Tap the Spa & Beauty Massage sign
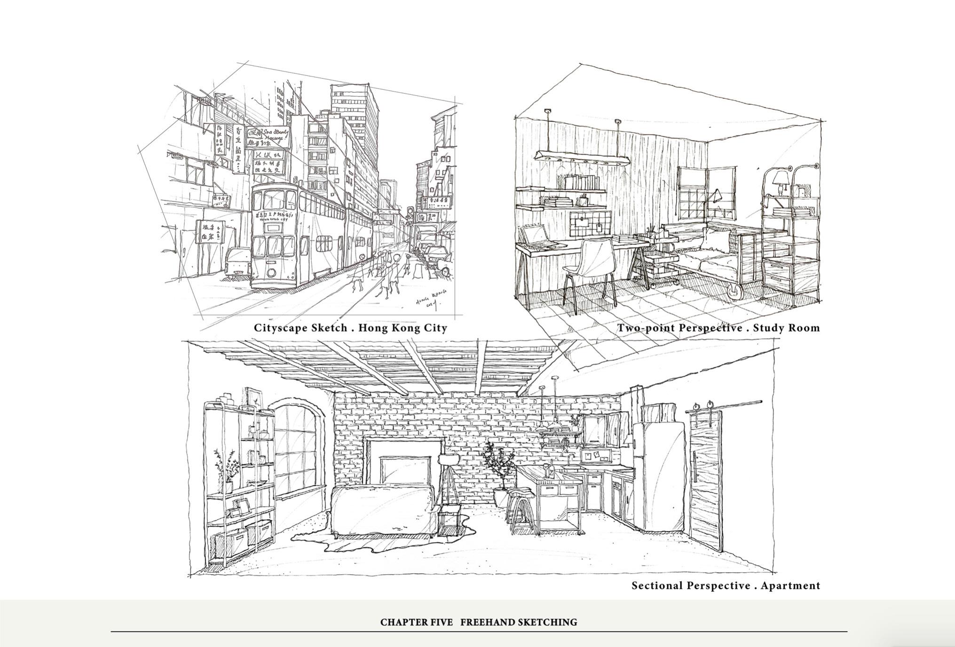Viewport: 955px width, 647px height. pyautogui.click(x=269, y=137)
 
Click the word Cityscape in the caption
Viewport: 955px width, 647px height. pyautogui.click(x=280, y=328)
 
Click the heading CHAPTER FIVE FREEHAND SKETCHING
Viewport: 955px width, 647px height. pyautogui.click(x=478, y=622)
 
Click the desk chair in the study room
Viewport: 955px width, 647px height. pyautogui.click(x=590, y=263)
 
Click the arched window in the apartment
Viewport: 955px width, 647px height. pyautogui.click(x=297, y=451)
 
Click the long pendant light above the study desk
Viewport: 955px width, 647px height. pyautogui.click(x=583, y=158)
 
